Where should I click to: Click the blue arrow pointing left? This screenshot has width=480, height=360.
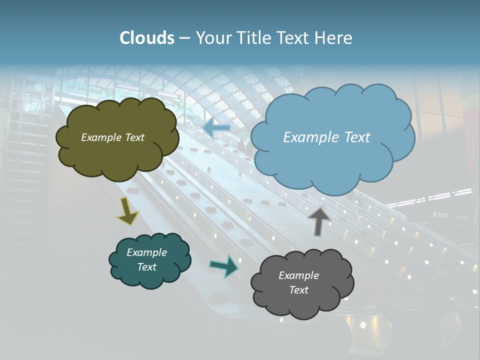tap(216, 128)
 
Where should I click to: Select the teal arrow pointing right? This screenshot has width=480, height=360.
tap(224, 266)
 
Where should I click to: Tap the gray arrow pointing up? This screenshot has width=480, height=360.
tap(318, 220)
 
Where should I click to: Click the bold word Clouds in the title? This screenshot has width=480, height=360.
tap(147, 38)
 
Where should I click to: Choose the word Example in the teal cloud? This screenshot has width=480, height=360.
tap(146, 252)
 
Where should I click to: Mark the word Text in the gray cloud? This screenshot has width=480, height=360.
tap(298, 290)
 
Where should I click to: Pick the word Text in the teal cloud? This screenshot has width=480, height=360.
tap(146, 267)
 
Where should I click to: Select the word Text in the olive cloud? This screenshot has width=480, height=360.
tap(134, 137)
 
